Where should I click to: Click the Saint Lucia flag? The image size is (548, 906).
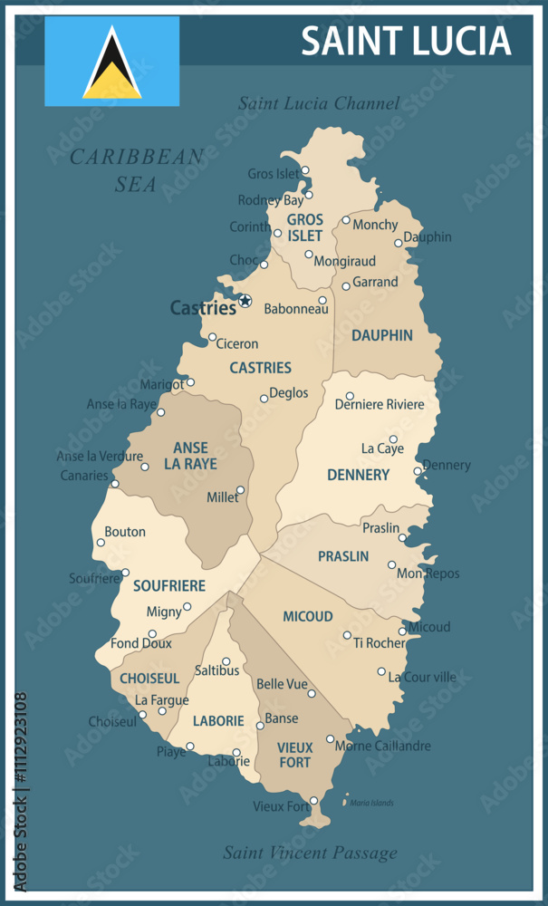point(112,62)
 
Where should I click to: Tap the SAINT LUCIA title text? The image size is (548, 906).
point(406,42)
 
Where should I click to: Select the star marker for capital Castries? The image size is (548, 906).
point(245,301)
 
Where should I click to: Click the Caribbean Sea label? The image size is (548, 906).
point(137,170)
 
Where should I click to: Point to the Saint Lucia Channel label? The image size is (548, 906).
point(318,103)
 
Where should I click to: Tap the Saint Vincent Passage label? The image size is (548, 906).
point(310,853)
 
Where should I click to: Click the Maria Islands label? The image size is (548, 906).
point(371,803)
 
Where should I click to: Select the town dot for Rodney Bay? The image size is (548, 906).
point(309,195)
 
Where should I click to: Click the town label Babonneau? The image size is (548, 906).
point(295,309)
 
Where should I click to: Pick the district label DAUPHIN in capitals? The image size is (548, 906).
point(381,335)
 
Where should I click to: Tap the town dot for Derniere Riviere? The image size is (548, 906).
point(350,396)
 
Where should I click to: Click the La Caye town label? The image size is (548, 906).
point(382,448)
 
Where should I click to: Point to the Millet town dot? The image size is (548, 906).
point(240,490)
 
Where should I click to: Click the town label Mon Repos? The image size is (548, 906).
point(428,573)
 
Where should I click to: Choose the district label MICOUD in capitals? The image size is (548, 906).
point(307,616)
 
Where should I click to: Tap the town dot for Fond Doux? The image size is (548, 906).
point(152,634)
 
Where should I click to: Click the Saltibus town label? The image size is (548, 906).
point(217,671)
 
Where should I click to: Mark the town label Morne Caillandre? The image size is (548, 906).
point(382,747)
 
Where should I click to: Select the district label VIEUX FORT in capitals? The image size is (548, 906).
point(295,755)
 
